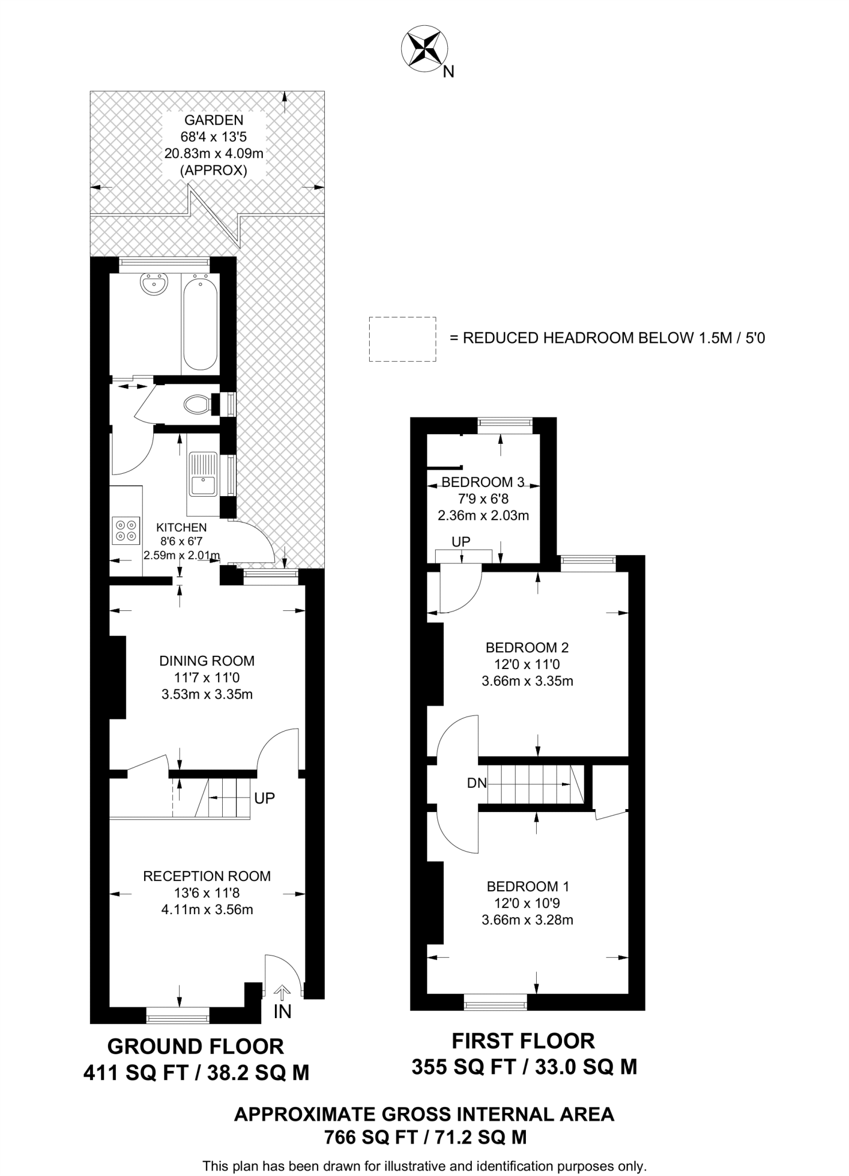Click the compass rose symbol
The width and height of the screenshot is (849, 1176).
pyautogui.click(x=424, y=49)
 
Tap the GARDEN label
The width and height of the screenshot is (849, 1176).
pyautogui.click(x=214, y=120)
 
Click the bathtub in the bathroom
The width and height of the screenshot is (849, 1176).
pyautogui.click(x=200, y=323)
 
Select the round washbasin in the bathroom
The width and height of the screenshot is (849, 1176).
pyautogui.click(x=154, y=284)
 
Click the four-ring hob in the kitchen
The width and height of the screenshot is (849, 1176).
pyautogui.click(x=126, y=530)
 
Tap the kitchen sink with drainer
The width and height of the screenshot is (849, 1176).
pyautogui.click(x=203, y=474)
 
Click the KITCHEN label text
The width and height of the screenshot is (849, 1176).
pyautogui.click(x=181, y=527)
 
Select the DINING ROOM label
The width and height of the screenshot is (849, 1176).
pyautogui.click(x=207, y=661)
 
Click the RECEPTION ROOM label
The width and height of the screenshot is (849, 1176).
pyautogui.click(x=207, y=876)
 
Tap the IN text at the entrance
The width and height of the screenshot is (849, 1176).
pyautogui.click(x=282, y=1012)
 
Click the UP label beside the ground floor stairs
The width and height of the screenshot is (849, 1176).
pyautogui.click(x=264, y=798)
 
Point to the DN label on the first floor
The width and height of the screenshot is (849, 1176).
pyautogui.click(x=476, y=783)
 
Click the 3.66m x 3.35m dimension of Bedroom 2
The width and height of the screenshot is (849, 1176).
pyautogui.click(x=527, y=681)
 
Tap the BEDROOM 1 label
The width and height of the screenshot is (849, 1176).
pyautogui.click(x=528, y=886)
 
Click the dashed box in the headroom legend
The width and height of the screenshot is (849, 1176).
pyautogui.click(x=402, y=339)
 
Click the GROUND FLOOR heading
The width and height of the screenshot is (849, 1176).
pyautogui.click(x=195, y=1047)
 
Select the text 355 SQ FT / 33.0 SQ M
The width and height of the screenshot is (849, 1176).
pyautogui.click(x=524, y=1067)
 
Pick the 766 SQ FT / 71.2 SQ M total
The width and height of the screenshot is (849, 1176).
pyautogui.click(x=425, y=1137)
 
